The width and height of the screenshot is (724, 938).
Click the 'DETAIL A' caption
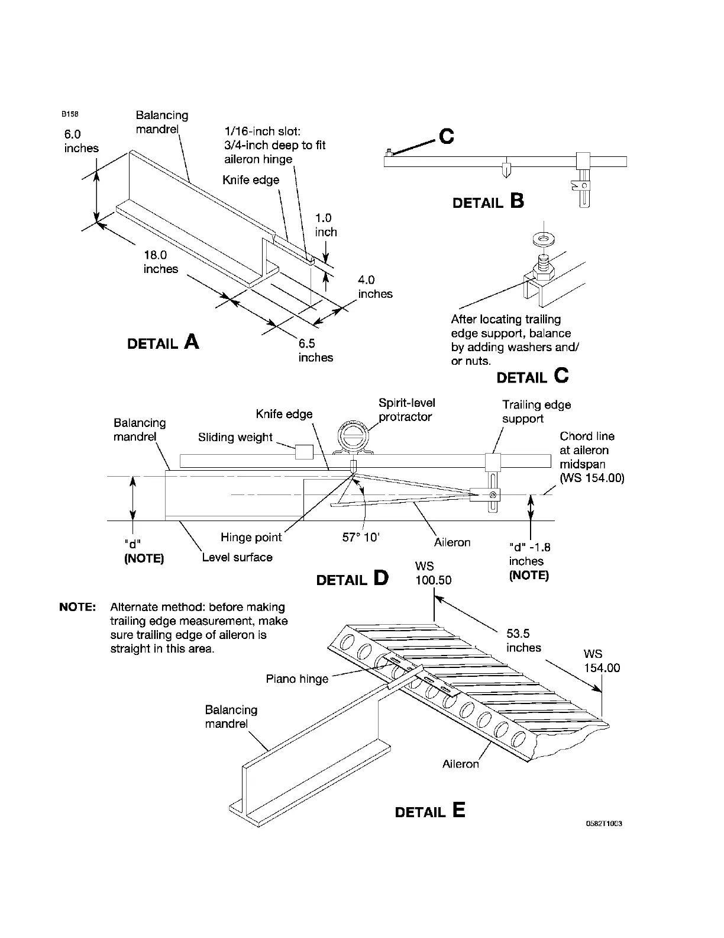tap(163, 343)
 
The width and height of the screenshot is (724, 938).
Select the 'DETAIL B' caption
tap(488, 203)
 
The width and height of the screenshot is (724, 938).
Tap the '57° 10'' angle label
tap(361, 538)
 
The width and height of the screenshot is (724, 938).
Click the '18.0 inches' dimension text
tap(160, 262)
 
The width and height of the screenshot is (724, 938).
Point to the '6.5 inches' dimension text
tap(315, 351)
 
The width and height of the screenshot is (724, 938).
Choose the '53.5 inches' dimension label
tap(523, 640)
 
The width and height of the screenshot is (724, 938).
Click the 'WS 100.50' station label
tap(433, 573)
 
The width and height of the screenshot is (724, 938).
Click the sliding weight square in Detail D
tap(304, 452)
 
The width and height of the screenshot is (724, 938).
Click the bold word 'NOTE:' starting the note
tap(77, 608)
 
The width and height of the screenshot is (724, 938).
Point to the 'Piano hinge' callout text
tap(297, 679)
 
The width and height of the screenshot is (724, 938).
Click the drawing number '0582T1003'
tap(604, 824)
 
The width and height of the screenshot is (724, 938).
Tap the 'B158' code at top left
tap(69, 114)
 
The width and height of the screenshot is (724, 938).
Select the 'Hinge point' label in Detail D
tap(251, 538)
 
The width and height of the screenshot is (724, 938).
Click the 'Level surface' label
tap(237, 557)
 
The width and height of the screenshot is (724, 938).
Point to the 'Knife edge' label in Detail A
tap(251, 180)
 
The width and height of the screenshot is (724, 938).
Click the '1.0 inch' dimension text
tap(325, 225)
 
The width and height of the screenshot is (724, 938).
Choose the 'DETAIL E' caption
tap(430, 811)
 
